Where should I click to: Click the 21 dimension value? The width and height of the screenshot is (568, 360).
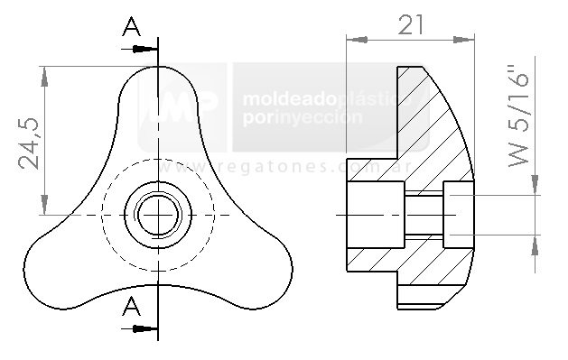411,25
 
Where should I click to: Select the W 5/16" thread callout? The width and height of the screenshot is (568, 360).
517,115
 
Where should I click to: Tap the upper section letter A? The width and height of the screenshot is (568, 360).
133,28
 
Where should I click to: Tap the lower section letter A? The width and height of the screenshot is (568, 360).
133,307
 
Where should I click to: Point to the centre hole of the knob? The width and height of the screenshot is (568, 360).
159,215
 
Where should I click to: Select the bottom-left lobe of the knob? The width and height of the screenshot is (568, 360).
59,263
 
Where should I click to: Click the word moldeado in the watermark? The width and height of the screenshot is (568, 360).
288,97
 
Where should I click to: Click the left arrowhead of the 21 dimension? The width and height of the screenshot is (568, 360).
355,39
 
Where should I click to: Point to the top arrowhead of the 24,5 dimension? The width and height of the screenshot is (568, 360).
43,71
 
